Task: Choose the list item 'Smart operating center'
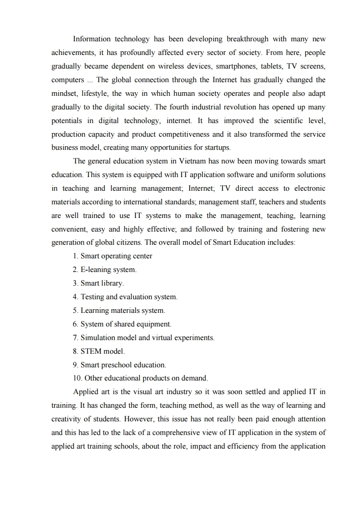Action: click(x=116, y=256)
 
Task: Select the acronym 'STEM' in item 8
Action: click(x=91, y=351)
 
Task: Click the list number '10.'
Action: click(x=77, y=378)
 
